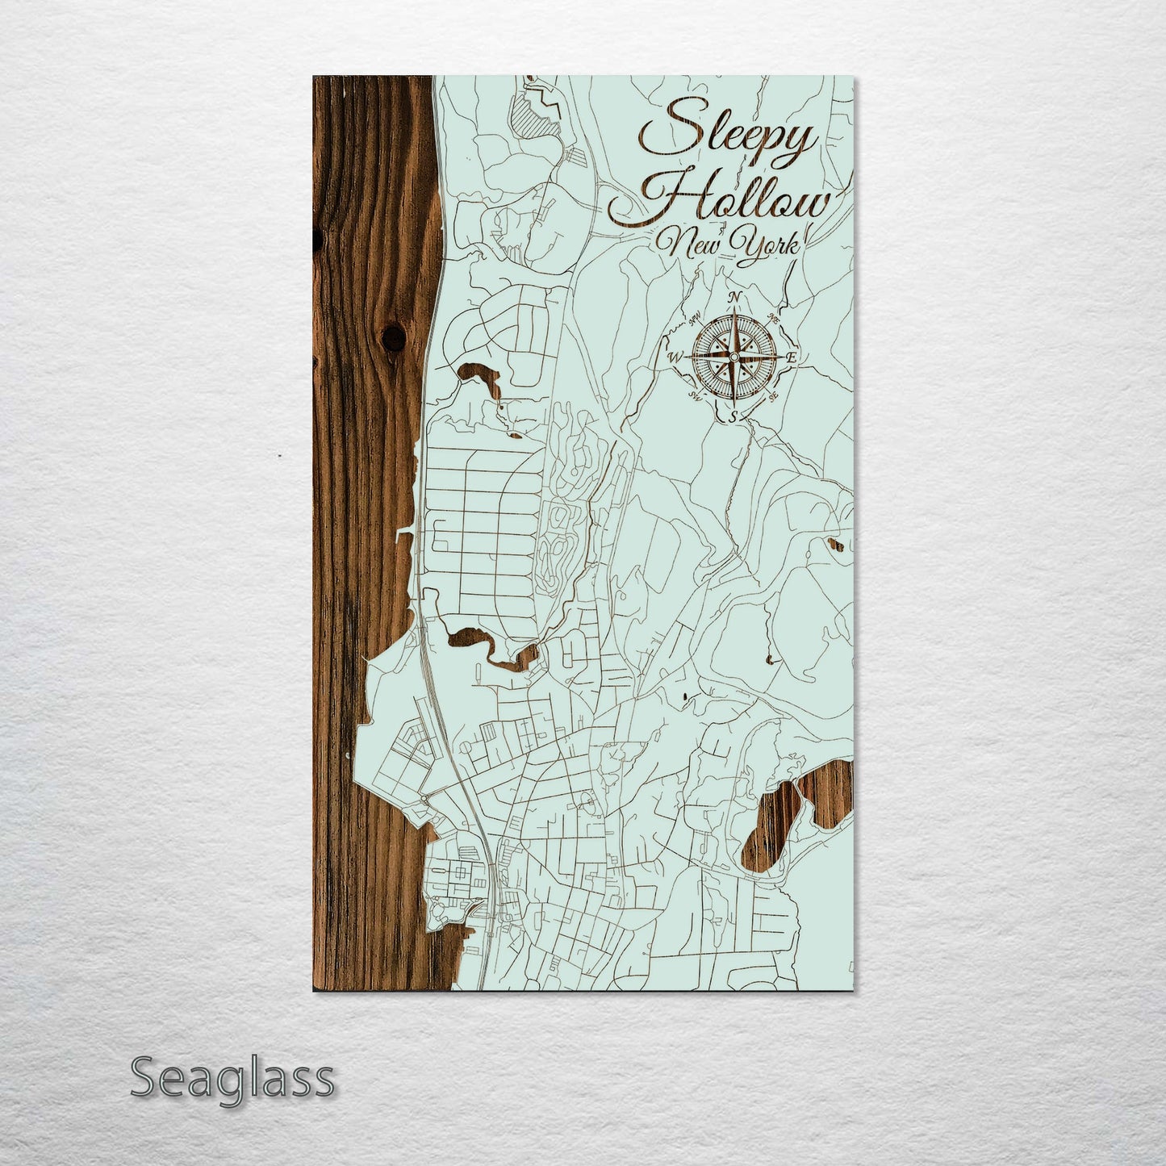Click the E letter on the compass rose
(792, 357)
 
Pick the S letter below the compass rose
(733, 416)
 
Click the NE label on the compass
(773, 316)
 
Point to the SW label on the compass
(693, 395)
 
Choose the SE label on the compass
(773, 395)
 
